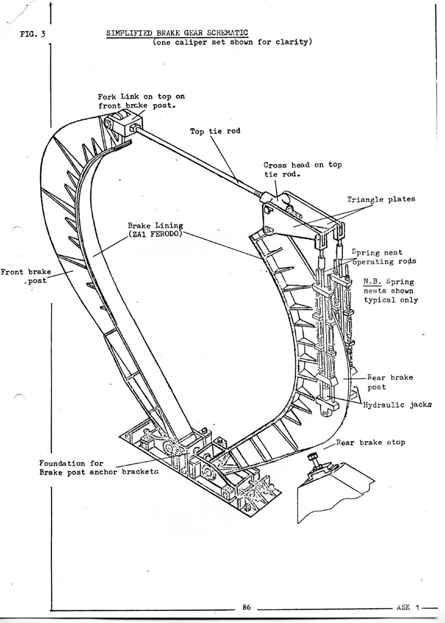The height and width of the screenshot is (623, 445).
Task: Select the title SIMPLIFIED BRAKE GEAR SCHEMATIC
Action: [177, 33]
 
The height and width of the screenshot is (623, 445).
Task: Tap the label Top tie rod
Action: [215, 131]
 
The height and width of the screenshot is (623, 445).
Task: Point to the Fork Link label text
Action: [141, 101]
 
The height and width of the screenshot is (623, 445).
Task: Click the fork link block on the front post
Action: [123, 122]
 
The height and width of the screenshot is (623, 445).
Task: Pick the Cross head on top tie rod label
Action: [302, 169]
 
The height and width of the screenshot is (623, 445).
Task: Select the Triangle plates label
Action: [381, 199]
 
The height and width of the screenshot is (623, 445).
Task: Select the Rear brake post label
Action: [390, 382]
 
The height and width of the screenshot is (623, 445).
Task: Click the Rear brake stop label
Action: [370, 443]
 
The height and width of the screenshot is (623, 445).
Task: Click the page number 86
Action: [247, 606]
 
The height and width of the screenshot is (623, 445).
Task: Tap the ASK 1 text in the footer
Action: [409, 607]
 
